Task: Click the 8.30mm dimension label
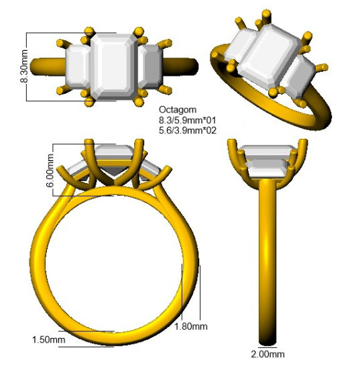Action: click(24, 66)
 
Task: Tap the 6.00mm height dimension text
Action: click(50, 171)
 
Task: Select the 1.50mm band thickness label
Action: click(48, 339)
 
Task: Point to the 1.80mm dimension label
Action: click(191, 326)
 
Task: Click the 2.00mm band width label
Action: click(267, 354)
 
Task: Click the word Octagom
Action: click(178, 110)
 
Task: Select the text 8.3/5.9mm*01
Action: click(188, 120)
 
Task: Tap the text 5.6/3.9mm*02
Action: click(188, 130)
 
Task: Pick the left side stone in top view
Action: click(78, 66)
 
